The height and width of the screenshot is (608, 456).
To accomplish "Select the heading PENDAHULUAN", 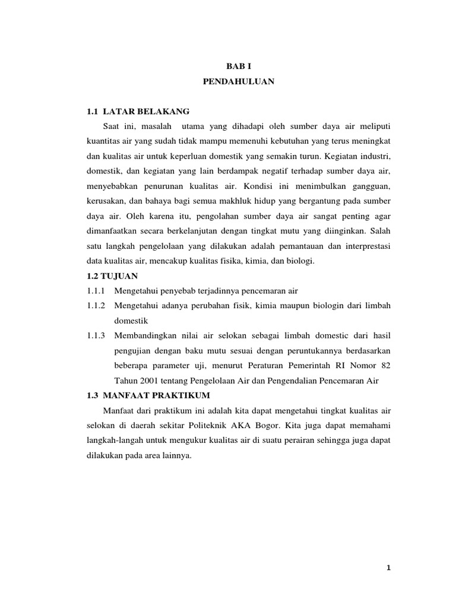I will point(239,83).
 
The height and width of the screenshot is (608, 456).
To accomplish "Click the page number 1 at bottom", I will point(388,568).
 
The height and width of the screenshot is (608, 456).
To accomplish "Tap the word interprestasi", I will point(366,245).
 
